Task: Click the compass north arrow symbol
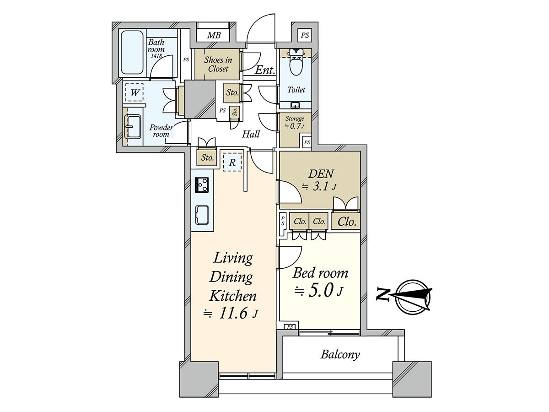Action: click(x=414, y=296)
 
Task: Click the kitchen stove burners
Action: click(x=201, y=184)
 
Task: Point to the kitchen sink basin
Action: click(x=202, y=214)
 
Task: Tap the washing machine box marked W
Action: click(x=135, y=93)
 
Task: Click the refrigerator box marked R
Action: click(x=232, y=162)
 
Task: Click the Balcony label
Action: click(x=340, y=354)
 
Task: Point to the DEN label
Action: click(x=322, y=174)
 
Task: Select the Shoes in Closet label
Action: click(x=218, y=64)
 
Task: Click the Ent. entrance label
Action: click(x=264, y=70)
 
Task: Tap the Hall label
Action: click(x=251, y=134)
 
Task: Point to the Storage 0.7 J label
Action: click(x=295, y=123)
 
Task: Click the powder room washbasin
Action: click(x=133, y=126)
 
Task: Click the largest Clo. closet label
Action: click(x=346, y=222)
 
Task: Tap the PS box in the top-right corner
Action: click(x=305, y=35)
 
